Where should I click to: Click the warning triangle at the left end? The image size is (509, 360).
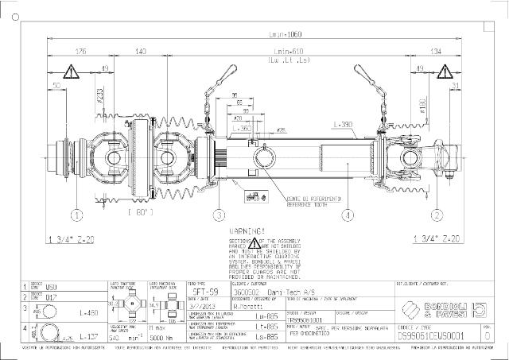pos(71,73)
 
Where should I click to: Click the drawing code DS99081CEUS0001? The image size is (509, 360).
pos(436,336)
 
